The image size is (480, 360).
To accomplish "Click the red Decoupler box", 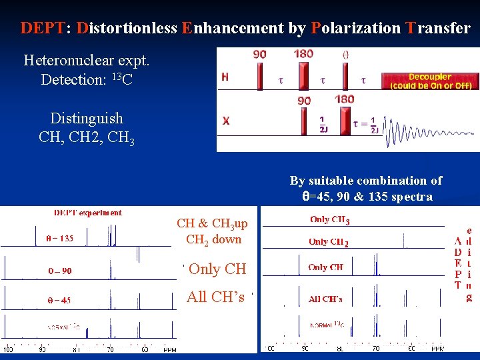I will click(430, 81).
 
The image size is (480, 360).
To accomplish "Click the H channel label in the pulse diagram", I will click(225, 77).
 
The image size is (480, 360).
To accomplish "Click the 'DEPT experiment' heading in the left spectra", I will click(88, 213).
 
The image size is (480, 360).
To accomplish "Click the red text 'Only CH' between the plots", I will click(217, 269).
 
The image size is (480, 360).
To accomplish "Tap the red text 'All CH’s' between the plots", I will click(215, 297).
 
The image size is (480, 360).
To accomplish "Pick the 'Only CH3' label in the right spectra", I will click(330, 219).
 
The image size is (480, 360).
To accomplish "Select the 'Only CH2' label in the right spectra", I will click(329, 242).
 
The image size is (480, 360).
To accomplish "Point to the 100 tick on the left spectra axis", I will click(9, 349).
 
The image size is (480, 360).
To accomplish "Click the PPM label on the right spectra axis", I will click(437, 348).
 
